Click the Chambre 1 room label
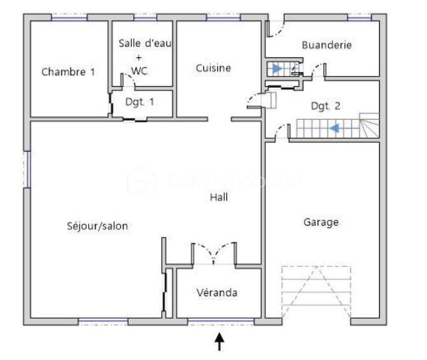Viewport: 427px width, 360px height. click(x=68, y=72)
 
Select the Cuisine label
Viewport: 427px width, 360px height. click(x=213, y=68)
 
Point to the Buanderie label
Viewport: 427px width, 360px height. click(x=327, y=45)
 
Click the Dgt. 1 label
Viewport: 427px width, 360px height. click(x=140, y=102)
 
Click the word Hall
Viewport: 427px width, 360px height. click(x=219, y=198)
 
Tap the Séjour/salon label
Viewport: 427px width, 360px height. click(x=98, y=226)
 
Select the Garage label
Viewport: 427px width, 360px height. click(x=321, y=222)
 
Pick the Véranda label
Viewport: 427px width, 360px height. click(x=217, y=292)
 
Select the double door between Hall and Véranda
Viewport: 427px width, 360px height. click(x=213, y=253)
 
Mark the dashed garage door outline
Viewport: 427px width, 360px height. click(x=316, y=292)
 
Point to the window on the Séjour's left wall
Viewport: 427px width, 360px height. click(x=27, y=169)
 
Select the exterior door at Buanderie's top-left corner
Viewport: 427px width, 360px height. click(x=273, y=27)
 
